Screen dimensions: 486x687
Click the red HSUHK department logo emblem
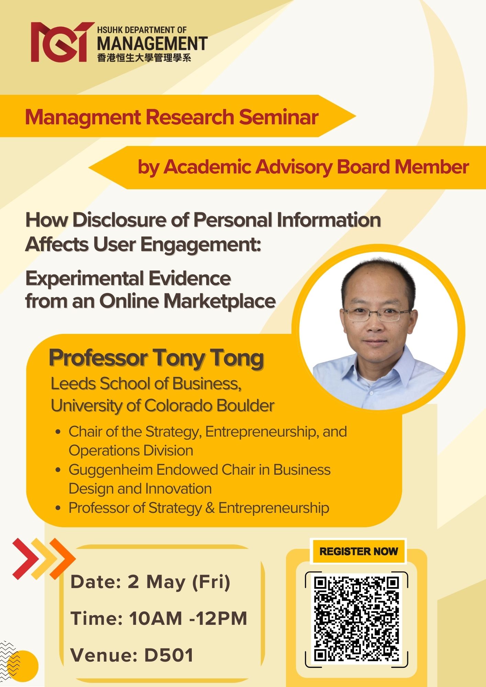62,42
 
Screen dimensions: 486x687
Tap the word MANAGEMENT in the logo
152,44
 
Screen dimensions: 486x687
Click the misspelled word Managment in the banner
83,117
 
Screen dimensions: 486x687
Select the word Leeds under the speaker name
73,384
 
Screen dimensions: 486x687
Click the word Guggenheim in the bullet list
110,470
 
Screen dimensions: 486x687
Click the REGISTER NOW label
358,551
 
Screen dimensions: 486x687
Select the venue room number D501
168,655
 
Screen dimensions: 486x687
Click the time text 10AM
155,619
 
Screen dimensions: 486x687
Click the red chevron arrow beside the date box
25,559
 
